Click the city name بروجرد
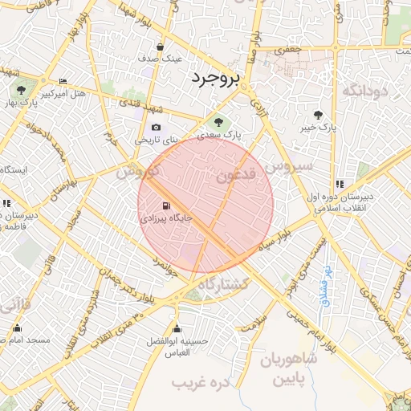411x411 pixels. tap(216, 79)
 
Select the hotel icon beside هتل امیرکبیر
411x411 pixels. tap(63, 82)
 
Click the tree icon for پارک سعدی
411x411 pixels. tap(217, 121)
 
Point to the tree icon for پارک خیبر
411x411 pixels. tap(319, 115)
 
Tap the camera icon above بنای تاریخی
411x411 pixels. tap(156, 128)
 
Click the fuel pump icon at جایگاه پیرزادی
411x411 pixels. tap(166, 205)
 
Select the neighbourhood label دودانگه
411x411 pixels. tap(365, 92)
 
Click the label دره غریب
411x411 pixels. tap(201, 383)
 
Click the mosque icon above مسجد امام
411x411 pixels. tap(18, 328)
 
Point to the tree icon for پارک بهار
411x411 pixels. tap(22, 89)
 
